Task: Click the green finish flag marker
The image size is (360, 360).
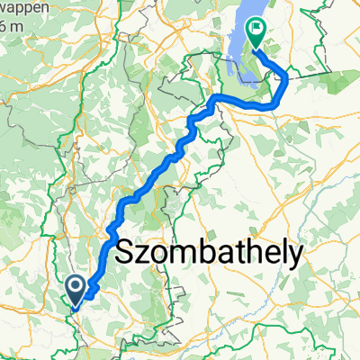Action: (256, 35)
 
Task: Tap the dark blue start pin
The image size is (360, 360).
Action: (77, 289)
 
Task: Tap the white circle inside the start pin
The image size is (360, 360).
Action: (77, 285)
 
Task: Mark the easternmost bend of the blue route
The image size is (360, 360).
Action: (287, 83)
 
